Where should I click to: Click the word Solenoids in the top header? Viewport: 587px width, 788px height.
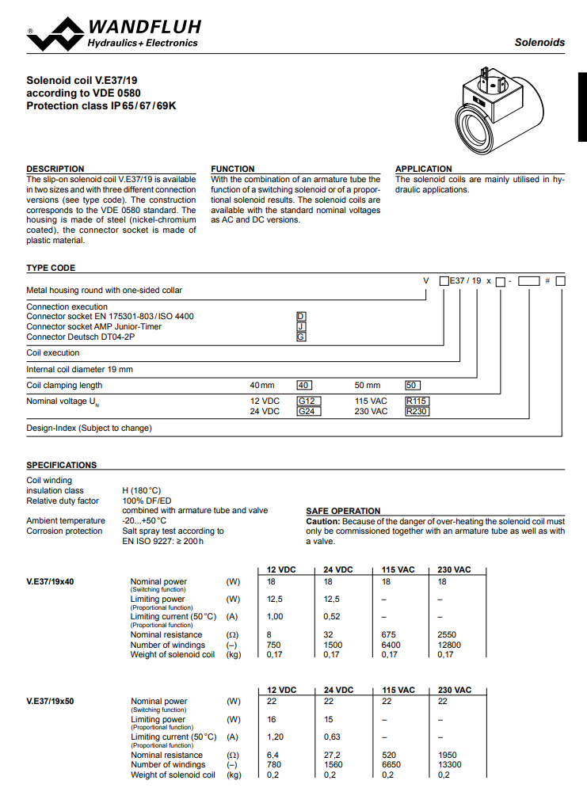(539, 42)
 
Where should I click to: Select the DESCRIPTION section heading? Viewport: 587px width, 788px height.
(55, 169)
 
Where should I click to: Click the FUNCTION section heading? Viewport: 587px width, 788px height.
(233, 169)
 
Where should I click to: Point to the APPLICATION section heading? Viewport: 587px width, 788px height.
(424, 169)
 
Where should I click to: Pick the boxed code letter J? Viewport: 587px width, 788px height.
(301, 326)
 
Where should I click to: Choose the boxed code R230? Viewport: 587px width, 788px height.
(417, 412)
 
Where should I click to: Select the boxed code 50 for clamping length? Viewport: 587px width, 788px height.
(412, 386)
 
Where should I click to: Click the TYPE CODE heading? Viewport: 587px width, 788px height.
(51, 268)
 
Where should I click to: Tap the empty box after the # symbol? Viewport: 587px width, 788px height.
(560, 281)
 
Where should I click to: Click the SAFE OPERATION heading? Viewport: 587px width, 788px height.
(343, 511)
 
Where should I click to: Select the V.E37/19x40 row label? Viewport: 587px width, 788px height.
(51, 581)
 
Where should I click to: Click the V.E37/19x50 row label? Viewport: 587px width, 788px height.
(51, 702)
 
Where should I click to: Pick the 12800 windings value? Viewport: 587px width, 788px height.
(449, 645)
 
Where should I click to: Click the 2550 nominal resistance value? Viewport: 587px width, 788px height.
(447, 635)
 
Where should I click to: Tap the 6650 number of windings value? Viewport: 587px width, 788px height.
(392, 765)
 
